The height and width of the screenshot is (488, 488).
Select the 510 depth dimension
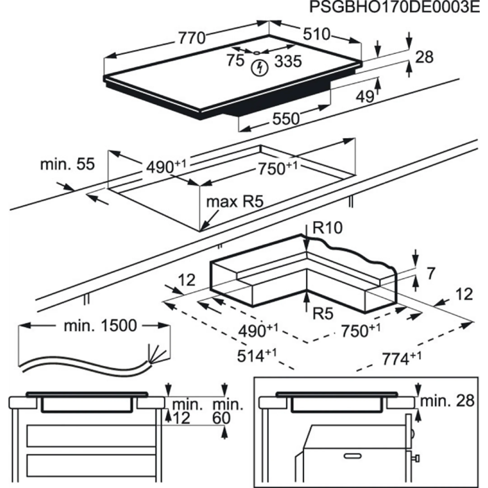[317, 34]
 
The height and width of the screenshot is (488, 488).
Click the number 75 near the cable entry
[235, 60]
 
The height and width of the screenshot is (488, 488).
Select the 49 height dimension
[365, 96]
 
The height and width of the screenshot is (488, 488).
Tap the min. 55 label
[68, 164]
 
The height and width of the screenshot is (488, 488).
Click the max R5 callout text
[235, 202]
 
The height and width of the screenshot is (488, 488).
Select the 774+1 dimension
[402, 359]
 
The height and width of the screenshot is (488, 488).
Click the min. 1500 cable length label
[100, 326]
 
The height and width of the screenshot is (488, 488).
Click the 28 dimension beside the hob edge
[424, 57]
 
